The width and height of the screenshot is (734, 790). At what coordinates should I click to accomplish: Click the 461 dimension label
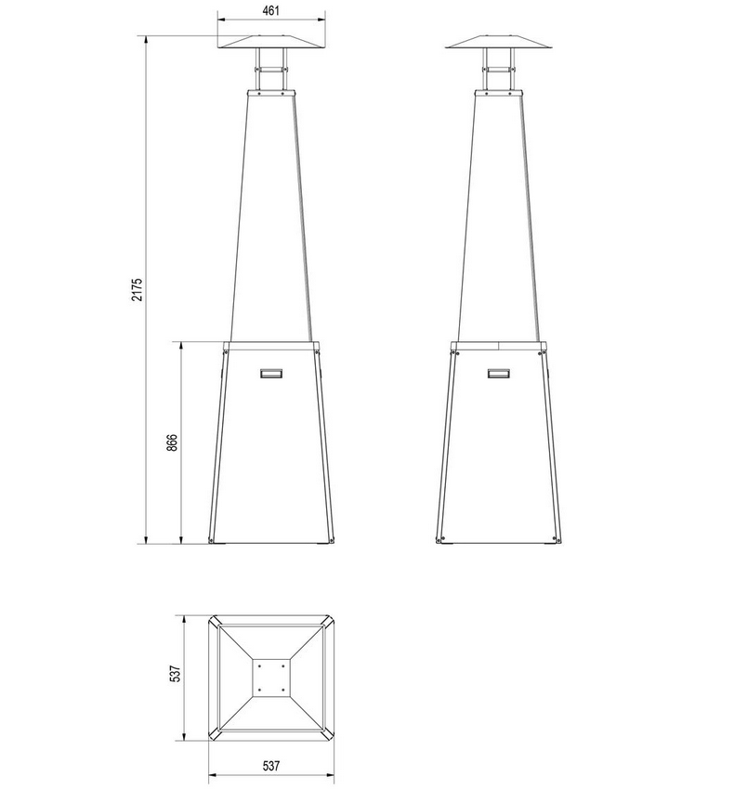click(270, 10)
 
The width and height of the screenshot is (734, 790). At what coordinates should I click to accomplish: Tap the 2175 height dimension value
click(137, 289)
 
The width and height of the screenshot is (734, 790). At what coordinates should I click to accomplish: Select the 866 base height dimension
click(172, 441)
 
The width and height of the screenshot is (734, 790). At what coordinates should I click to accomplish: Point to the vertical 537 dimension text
click(175, 673)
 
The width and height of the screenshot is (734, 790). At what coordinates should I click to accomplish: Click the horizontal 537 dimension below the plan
click(270, 766)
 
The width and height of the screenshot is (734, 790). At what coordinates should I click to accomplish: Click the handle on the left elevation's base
click(271, 374)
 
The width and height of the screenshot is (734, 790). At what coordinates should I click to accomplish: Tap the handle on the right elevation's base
click(499, 374)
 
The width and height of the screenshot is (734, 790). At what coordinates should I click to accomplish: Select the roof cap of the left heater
click(271, 43)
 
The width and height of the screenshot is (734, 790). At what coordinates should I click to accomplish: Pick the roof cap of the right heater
click(499, 43)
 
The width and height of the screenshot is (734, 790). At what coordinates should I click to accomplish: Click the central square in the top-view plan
click(271, 678)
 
